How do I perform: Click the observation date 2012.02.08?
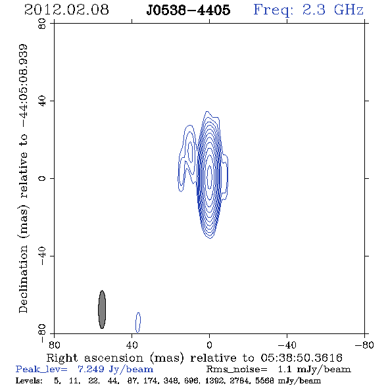[x=66, y=10]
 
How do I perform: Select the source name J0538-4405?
[x=188, y=10]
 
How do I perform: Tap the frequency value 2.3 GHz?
[x=333, y=10]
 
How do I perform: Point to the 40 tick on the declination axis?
[x=43, y=101]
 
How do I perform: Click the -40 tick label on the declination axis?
[x=43, y=256]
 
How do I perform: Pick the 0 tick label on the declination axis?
[x=43, y=178]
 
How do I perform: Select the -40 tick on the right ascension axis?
[x=287, y=345]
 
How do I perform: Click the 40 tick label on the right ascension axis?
[x=132, y=345]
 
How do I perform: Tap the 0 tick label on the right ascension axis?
[x=209, y=345]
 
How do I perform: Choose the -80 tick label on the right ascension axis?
[x=364, y=345]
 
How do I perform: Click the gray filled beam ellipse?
[x=102, y=309]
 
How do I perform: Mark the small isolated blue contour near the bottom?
[x=138, y=322]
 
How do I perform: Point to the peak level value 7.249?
[x=91, y=369]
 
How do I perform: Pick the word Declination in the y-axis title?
[x=23, y=279]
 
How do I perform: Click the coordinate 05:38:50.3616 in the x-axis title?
[x=301, y=358]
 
